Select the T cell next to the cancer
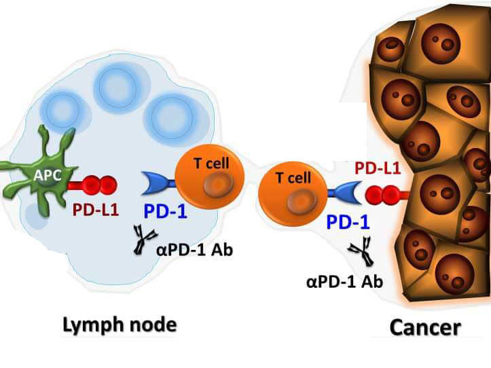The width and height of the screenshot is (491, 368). (x=293, y=194)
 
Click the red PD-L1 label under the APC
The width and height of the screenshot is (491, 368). (x=96, y=209)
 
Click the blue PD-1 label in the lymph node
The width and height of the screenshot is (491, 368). (x=164, y=211)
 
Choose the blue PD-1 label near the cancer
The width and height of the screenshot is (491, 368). (x=348, y=221)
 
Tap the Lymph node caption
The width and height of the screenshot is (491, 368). (x=119, y=325)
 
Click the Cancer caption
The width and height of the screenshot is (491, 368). (x=425, y=327)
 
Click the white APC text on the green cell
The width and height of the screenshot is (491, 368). (x=47, y=174)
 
